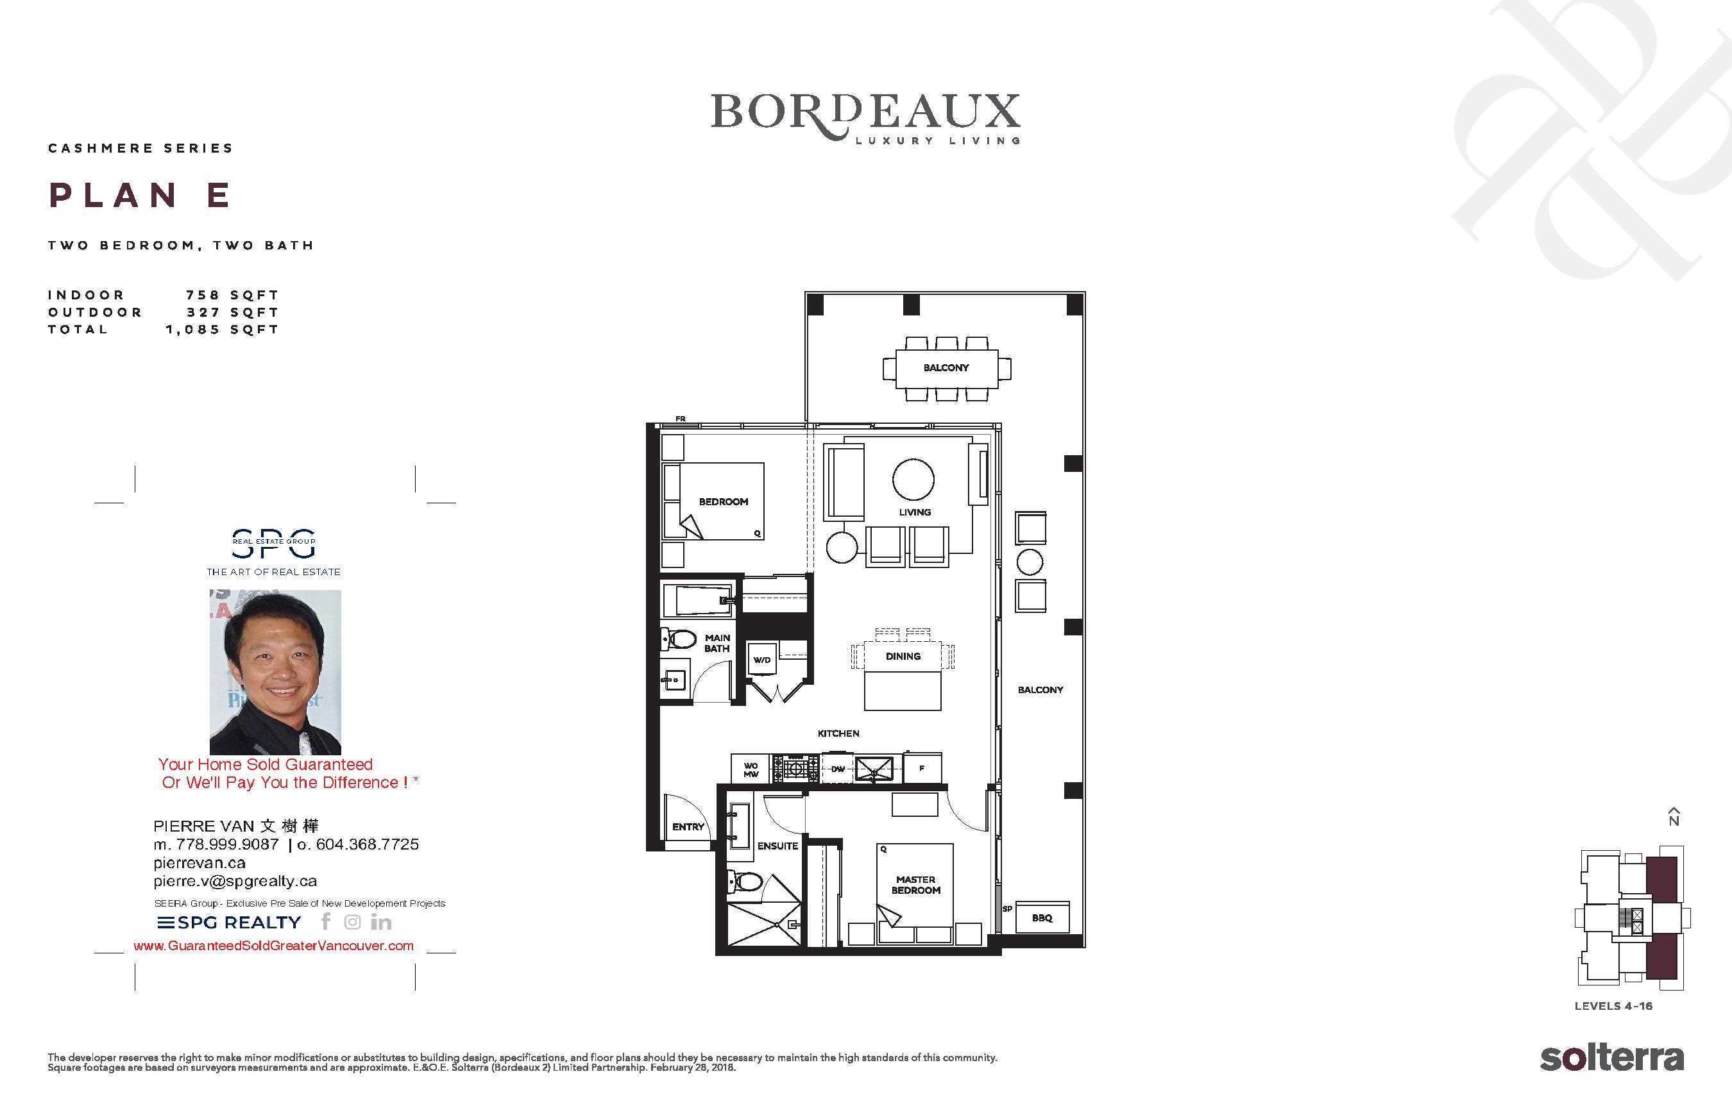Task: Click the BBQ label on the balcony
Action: (x=1042, y=917)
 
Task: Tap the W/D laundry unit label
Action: (x=761, y=659)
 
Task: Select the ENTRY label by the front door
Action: (x=688, y=826)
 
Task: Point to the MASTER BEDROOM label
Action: (x=915, y=885)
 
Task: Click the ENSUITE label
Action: (x=777, y=846)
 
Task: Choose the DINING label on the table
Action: (x=903, y=656)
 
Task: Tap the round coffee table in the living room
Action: (x=913, y=480)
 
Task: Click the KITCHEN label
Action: (x=838, y=733)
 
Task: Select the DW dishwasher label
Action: (x=838, y=769)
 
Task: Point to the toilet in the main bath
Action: (x=678, y=639)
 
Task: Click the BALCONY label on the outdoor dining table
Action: (x=946, y=367)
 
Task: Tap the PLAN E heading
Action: (x=140, y=195)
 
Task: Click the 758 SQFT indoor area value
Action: (x=232, y=295)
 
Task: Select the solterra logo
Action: (x=1612, y=1058)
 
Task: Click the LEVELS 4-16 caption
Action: (x=1613, y=1006)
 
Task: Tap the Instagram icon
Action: (x=352, y=922)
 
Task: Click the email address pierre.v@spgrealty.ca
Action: (x=235, y=881)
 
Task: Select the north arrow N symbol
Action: (x=1674, y=816)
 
